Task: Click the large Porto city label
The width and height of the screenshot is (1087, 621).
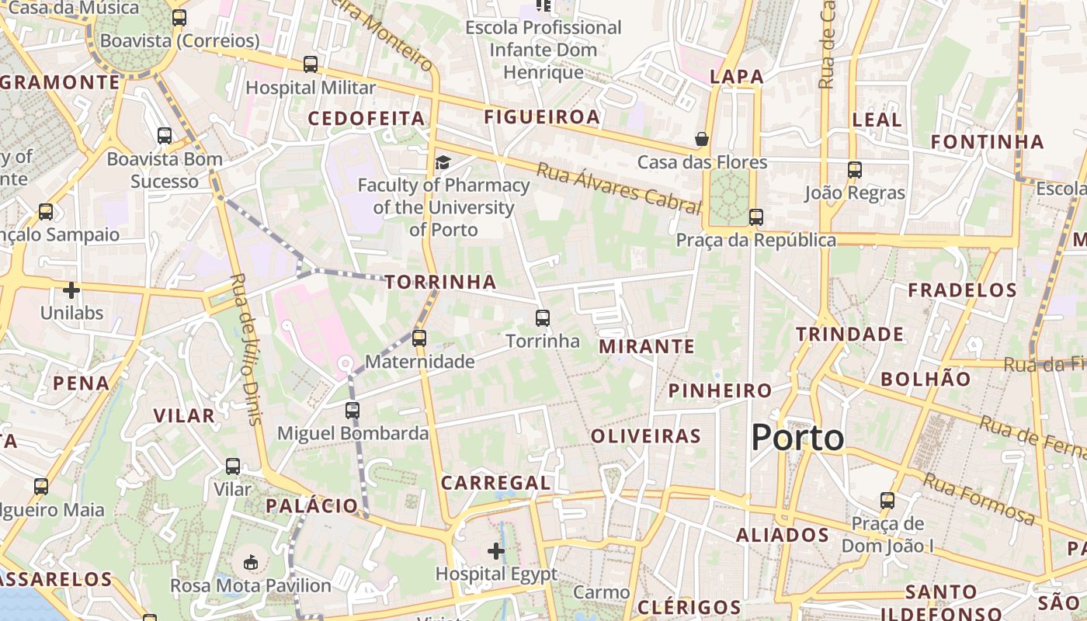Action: [x=797, y=438]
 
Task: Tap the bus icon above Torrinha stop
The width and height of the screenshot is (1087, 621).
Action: [x=543, y=317]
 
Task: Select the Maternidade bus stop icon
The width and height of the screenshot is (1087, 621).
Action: [x=419, y=338]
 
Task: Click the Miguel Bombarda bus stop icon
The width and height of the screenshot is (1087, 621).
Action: [x=352, y=410]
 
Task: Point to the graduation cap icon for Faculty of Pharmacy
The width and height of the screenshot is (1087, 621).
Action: [x=443, y=161]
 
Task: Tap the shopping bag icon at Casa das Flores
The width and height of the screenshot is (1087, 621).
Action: [x=702, y=139]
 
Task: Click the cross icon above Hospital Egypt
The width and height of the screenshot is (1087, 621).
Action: [x=496, y=551]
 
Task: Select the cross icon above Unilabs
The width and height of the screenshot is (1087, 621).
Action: [x=71, y=290]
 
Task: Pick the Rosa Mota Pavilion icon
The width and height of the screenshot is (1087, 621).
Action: [x=251, y=562]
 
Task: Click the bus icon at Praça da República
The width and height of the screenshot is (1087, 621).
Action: [x=756, y=217]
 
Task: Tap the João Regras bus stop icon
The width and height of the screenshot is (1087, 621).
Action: [x=855, y=169]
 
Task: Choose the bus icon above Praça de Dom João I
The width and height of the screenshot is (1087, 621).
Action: [x=887, y=501]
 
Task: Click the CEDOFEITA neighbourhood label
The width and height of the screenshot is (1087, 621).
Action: [x=366, y=119]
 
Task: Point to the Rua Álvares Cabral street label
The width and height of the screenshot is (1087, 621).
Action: [x=619, y=188]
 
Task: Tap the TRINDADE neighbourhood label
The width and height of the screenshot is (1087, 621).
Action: [x=849, y=335]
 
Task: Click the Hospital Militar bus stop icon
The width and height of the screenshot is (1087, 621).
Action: [x=311, y=64]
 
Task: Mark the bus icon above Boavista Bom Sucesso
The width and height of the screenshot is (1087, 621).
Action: [x=165, y=136]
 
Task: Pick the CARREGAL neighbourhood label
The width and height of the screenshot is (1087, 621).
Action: [x=495, y=483]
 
